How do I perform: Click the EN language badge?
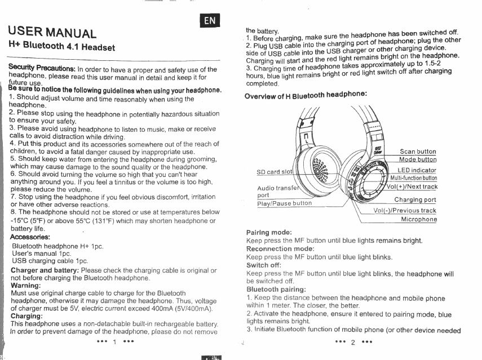(x=210, y=21)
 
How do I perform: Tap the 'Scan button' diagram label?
(x=418, y=152)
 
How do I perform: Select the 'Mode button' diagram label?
(x=418, y=159)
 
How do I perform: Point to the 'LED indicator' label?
(x=417, y=170)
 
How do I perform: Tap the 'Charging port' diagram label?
(x=415, y=199)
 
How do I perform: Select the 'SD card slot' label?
(x=275, y=172)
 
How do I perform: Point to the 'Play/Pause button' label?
(x=284, y=203)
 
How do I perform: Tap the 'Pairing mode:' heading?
(x=269, y=233)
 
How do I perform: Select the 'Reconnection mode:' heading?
(x=280, y=248)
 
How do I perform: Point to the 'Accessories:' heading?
(x=30, y=237)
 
